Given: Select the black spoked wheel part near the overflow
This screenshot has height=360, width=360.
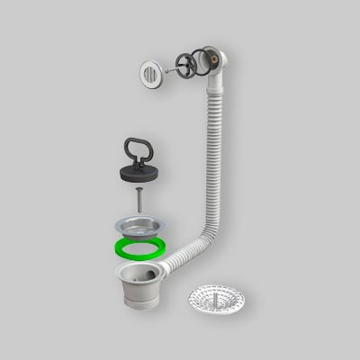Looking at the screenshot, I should (x=184, y=66).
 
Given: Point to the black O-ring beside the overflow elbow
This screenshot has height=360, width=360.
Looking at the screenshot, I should (x=203, y=63).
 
